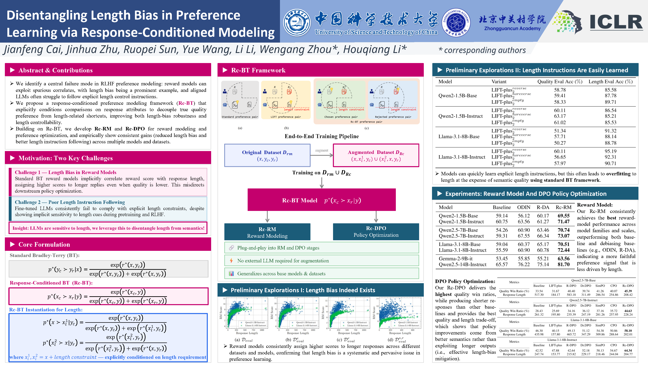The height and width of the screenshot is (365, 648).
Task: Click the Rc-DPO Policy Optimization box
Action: click(376, 231)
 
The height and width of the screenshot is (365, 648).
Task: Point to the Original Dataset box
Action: click(267, 155)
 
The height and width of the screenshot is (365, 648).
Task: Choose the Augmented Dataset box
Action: click(376, 155)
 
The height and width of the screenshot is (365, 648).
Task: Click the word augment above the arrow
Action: click(321, 150)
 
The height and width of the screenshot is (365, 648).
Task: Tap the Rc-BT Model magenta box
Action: click(321, 200)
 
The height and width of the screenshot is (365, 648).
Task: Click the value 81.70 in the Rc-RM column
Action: click(563, 264)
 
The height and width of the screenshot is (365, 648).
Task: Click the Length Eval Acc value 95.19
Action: click(610, 151)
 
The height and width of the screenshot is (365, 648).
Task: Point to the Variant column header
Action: click(499, 82)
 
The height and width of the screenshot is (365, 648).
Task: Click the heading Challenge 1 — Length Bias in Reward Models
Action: click(65, 172)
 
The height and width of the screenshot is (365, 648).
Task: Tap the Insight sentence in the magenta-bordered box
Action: click(108, 228)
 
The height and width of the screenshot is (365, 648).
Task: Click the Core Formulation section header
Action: click(44, 244)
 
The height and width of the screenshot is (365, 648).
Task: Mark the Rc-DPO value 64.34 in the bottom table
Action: click(628, 350)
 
